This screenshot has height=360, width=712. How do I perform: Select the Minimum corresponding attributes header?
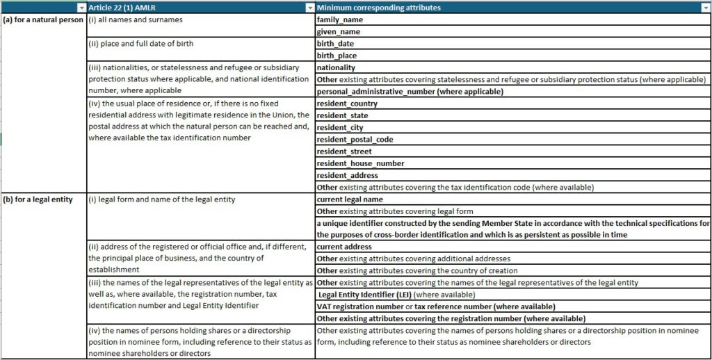pos(378,8)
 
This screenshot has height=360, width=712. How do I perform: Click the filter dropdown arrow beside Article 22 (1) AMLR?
pos(310,8)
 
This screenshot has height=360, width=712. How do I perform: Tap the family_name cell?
pos(340,19)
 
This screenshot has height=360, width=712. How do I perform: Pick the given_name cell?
pos(339,31)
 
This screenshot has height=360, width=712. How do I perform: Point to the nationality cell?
pos(336,67)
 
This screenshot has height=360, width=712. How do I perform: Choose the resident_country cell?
pos(347,104)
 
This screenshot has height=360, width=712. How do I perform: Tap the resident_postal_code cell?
pos(355,139)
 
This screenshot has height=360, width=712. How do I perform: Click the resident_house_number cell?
pos(360,163)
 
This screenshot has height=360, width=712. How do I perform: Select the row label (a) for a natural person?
pos(43,19)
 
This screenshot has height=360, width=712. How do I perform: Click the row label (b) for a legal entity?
pos(38,199)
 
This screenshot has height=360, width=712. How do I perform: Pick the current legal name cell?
pos(350,199)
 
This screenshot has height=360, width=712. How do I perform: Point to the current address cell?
pos(344,247)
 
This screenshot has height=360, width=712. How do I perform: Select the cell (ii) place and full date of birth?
pos(140,43)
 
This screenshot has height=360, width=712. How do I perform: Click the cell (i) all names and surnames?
pos(135,19)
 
